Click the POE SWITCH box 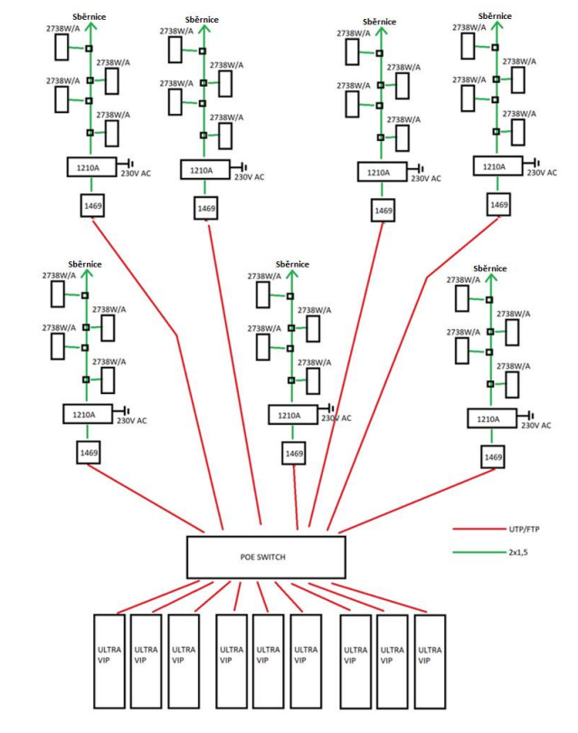(x=266, y=557)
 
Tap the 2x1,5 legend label (x=516, y=551)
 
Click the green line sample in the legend (x=475, y=551)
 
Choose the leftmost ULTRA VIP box (x=109, y=661)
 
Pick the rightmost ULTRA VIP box (x=430, y=661)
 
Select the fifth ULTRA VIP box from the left (x=268, y=661)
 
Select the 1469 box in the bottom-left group (x=88, y=450)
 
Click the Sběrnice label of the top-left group (x=89, y=17)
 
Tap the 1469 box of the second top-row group (x=205, y=209)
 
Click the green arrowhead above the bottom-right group (x=489, y=278)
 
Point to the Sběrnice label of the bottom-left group (x=84, y=264)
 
